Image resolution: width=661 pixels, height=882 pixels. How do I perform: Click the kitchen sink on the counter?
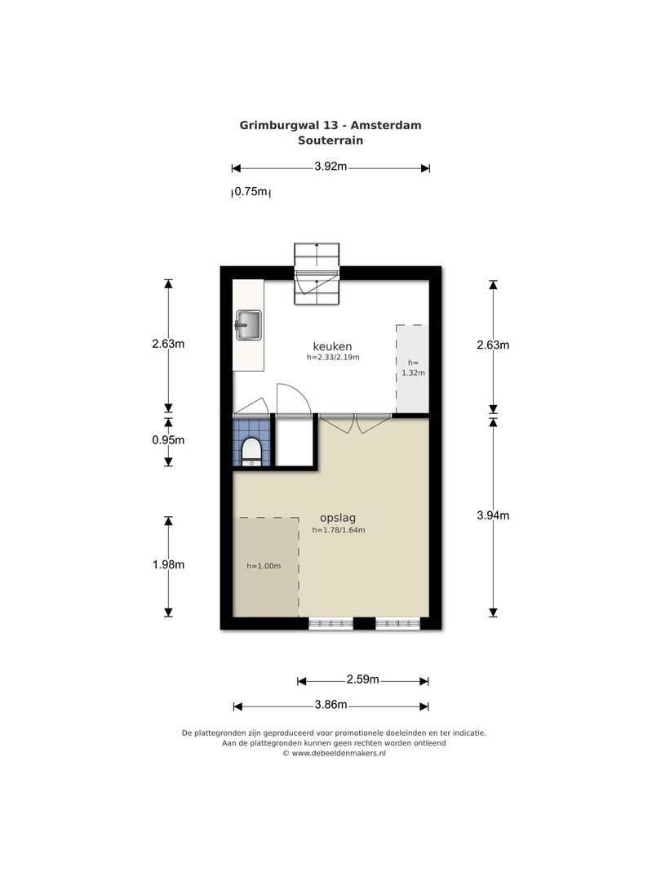[248, 325]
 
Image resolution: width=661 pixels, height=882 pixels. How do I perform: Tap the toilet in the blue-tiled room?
[251, 452]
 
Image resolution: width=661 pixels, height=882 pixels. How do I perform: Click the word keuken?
[332, 346]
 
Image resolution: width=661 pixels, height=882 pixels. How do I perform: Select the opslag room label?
[338, 518]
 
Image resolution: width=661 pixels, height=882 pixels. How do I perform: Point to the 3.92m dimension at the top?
[330, 167]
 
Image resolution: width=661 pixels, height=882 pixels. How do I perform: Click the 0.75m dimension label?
[251, 192]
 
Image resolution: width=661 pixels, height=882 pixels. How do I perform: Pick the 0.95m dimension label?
[168, 440]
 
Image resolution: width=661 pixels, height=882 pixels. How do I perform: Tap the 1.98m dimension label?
[168, 565]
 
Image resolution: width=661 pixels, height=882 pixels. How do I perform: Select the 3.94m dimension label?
[493, 515]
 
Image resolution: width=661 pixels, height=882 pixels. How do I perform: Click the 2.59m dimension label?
[362, 679]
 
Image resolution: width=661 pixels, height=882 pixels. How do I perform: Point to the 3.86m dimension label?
[330, 705]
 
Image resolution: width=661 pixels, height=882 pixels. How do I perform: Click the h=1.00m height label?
[264, 566]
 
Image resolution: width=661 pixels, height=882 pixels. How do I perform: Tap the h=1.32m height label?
[413, 367]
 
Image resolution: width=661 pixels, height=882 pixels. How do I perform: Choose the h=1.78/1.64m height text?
[339, 530]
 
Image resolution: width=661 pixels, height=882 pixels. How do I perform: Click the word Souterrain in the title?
[330, 140]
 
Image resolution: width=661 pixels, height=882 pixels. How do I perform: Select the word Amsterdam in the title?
[386, 126]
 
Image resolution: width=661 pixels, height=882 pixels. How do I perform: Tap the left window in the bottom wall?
[331, 623]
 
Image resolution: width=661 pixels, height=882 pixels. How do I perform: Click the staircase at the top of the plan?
[317, 274]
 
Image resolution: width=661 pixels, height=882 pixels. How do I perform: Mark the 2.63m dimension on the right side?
[493, 345]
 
